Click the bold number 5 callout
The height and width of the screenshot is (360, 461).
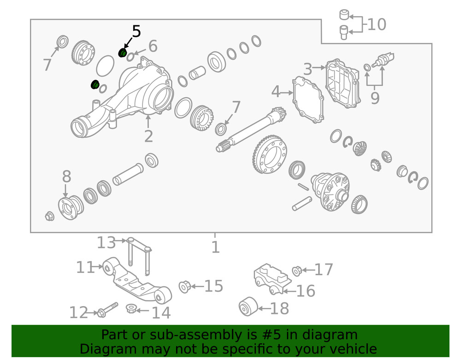136,31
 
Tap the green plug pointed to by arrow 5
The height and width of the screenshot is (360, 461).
123,53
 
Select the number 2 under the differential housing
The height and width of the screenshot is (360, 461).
148,136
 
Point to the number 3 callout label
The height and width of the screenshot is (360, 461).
308,70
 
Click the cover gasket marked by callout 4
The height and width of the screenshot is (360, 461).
308,100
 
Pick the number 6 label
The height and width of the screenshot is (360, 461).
153,46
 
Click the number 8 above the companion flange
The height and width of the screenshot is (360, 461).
67,177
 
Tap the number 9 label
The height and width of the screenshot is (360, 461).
375,98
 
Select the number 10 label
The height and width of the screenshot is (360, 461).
377,24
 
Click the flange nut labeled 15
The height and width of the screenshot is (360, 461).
184,287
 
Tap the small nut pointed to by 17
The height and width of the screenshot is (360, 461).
296,270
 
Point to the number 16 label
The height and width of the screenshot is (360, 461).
305,291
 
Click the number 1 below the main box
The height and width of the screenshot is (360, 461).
215,248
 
